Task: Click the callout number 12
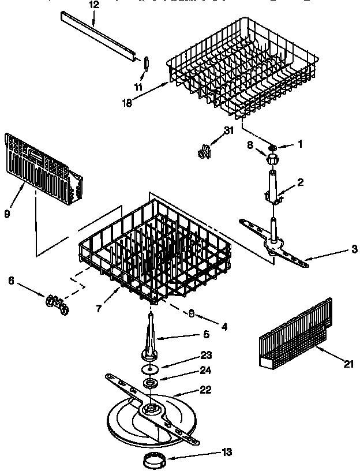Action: (95, 5)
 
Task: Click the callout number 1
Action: (300, 144)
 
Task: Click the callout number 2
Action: (300, 183)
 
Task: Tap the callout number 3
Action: (354, 249)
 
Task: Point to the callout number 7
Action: (99, 309)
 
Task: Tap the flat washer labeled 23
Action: (149, 368)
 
